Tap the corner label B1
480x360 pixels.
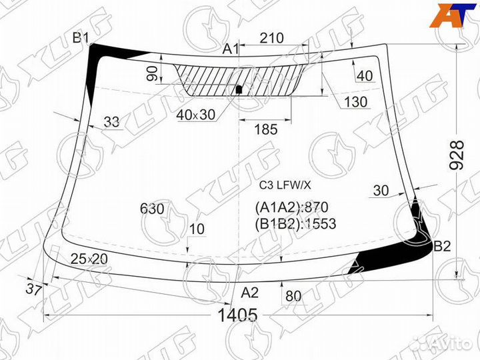click(x=81, y=38)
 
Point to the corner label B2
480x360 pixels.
click(x=442, y=247)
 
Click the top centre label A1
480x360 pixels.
click(x=230, y=49)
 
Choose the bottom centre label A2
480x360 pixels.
click(x=249, y=292)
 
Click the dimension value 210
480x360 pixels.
click(x=271, y=39)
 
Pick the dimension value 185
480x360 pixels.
click(x=265, y=129)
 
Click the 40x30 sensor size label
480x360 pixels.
click(x=196, y=115)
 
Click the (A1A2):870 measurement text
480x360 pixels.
click(x=291, y=207)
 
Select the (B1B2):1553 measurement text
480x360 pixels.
click(x=295, y=223)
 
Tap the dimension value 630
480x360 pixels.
click(x=152, y=209)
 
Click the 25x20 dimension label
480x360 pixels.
click(x=89, y=258)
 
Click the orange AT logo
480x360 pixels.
click(x=451, y=15)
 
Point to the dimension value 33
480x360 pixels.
click(x=112, y=121)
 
